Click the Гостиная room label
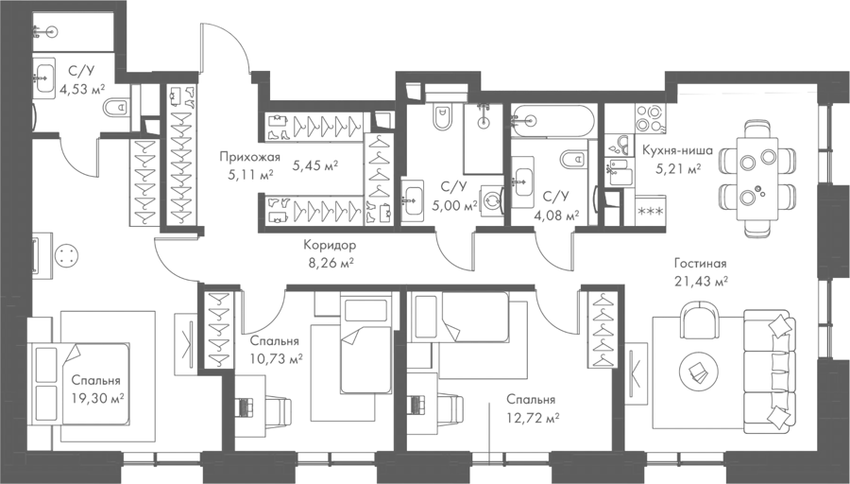coord(700,265)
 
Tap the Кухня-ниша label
coord(677,150)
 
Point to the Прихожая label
coord(250,157)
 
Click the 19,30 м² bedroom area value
coord(97,399)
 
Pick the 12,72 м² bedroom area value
coord(533,419)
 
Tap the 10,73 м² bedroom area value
coord(276,360)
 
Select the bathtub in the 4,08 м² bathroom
coord(552,121)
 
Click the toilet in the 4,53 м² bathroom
coord(115,108)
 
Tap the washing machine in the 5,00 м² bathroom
coord(493,201)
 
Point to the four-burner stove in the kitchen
coord(650,118)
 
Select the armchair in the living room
coord(701,320)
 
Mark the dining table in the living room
coord(757,179)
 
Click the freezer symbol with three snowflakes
coord(650,211)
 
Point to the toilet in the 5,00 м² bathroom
coord(442,117)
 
